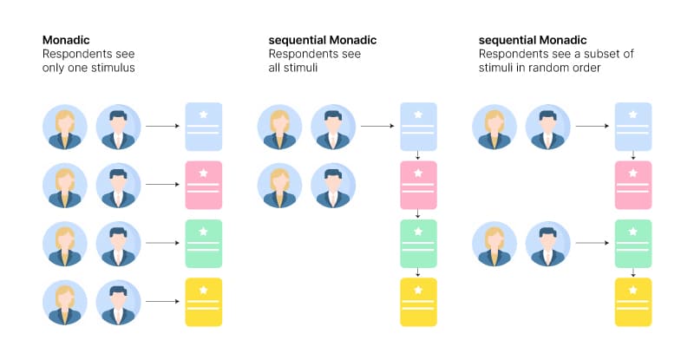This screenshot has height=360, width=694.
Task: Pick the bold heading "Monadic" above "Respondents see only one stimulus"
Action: click(x=68, y=40)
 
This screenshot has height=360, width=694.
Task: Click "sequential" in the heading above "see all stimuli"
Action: click(x=298, y=40)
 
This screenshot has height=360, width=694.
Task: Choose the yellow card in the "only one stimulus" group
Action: click(x=204, y=302)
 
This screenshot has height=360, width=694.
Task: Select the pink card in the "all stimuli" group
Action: click(x=418, y=185)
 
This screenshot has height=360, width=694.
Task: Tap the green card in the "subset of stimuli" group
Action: click(x=633, y=243)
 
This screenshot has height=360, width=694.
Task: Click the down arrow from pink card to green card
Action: click(x=418, y=214)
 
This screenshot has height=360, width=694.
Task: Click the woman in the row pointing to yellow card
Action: click(x=65, y=302)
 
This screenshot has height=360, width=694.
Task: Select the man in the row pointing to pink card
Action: click(x=117, y=185)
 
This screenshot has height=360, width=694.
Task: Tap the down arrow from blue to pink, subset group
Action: click(x=633, y=156)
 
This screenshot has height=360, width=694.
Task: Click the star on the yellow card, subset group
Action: click(x=633, y=290)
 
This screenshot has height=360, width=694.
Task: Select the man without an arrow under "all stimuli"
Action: click(x=331, y=185)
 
